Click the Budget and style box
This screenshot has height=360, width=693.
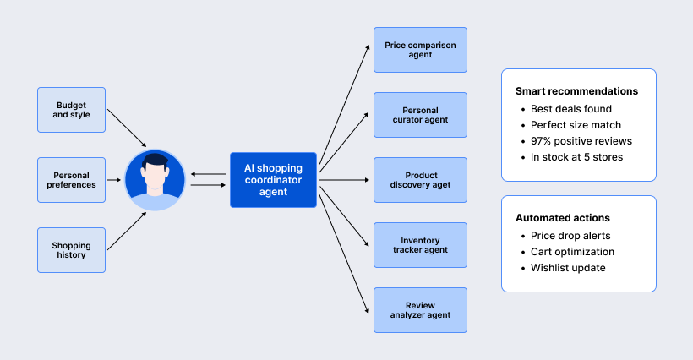[x=72, y=109]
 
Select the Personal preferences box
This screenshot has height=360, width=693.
[x=72, y=179]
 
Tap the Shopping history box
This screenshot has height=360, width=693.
[x=72, y=250]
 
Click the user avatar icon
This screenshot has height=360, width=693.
[x=155, y=180]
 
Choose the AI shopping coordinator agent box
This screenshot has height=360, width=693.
[x=273, y=180]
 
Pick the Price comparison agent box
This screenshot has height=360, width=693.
[x=420, y=50]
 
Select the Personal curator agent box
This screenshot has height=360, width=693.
[x=420, y=115]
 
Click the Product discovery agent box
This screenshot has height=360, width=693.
[x=420, y=180]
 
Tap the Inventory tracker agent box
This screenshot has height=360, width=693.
[x=420, y=245]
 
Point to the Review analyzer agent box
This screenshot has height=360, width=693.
[x=420, y=310]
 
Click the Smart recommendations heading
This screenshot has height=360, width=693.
[x=576, y=91]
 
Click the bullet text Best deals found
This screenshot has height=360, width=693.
[x=570, y=109]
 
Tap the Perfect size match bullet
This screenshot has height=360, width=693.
[x=576, y=125]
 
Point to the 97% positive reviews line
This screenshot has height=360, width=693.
[x=581, y=141]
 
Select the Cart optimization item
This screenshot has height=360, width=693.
[x=572, y=252]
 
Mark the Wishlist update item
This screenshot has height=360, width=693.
[x=568, y=268]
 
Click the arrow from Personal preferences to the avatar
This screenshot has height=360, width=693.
[x=114, y=180]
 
